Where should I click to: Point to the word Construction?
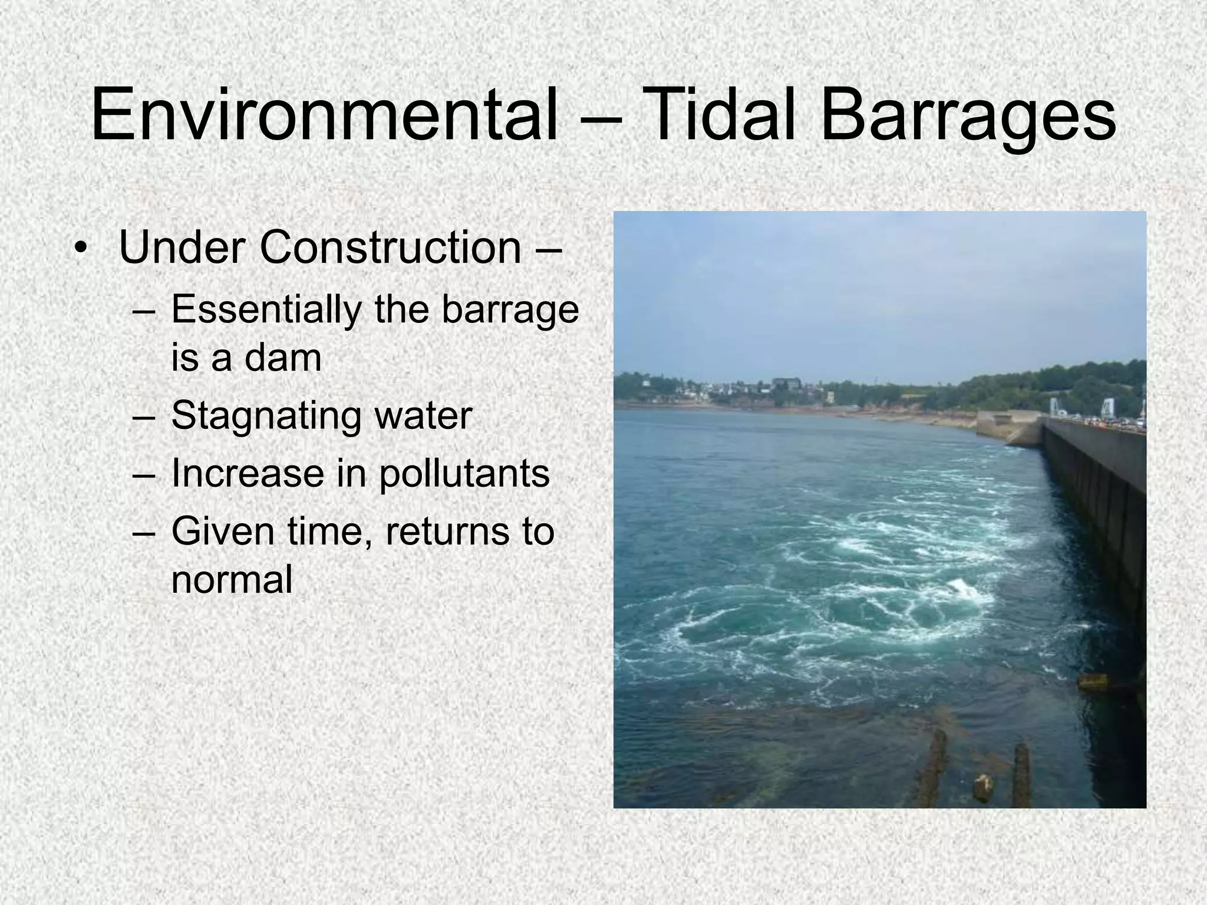pos(390,247)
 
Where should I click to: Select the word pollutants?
pos(464,474)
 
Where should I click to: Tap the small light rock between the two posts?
pos(982,788)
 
